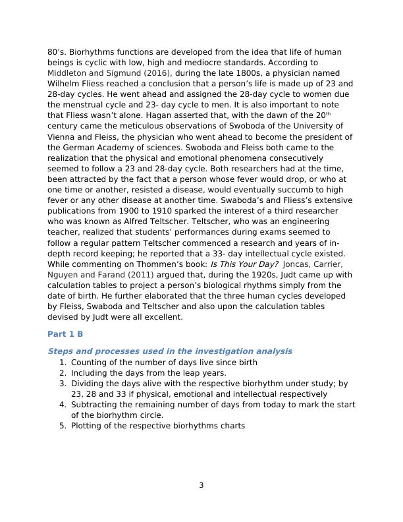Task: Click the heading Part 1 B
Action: point(65,334)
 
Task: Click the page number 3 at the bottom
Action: point(201,486)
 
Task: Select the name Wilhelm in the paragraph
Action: point(65,84)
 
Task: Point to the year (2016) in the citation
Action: point(157,73)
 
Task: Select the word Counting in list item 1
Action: point(90,362)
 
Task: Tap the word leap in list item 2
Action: point(183,373)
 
